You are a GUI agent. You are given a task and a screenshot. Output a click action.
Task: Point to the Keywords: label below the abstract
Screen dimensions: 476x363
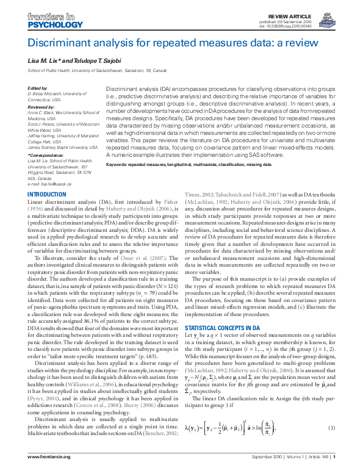click(x=120, y=165)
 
